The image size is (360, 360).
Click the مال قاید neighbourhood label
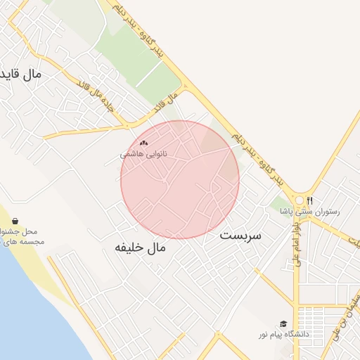(21, 73)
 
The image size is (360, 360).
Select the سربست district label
(240, 235)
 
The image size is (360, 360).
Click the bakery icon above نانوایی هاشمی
(144, 143)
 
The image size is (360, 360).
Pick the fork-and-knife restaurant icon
(309, 200)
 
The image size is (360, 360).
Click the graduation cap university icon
(283, 324)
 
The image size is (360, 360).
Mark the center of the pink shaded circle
(180, 180)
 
